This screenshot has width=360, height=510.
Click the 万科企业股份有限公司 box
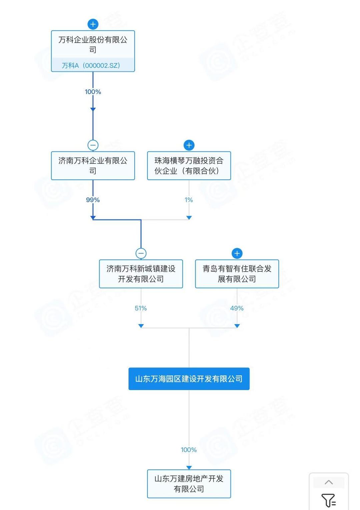(93, 45)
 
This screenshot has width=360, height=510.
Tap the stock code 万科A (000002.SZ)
(91, 65)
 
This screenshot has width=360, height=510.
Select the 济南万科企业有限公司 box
(93, 166)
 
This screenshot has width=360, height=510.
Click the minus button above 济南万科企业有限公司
(93, 145)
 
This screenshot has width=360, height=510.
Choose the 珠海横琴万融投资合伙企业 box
(189, 166)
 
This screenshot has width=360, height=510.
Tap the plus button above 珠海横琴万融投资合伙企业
(189, 145)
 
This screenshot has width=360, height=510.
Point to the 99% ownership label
(93, 200)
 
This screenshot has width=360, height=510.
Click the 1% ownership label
(189, 200)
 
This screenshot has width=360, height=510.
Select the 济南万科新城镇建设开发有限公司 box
(141, 274)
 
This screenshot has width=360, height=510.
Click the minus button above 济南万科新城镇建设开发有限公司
(141, 254)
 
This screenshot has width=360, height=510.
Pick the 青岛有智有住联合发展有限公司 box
(237, 274)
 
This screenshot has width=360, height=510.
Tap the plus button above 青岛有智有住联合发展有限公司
(237, 254)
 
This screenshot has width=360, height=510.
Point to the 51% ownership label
(141, 308)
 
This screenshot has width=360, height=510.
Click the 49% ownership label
(237, 308)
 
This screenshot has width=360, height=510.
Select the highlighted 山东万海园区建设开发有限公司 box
(189, 379)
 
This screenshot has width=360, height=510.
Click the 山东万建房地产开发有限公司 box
(189, 484)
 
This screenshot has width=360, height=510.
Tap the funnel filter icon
(328, 500)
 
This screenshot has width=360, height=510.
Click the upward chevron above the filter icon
(329, 482)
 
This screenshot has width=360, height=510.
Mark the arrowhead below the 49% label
(237, 326)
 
